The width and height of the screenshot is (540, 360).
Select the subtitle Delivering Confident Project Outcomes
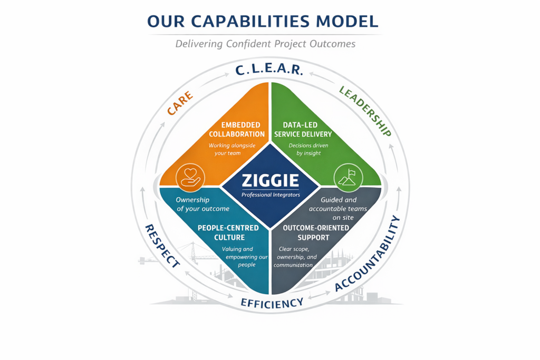click(x=265, y=44)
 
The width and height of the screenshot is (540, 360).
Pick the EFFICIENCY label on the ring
click(x=272, y=303)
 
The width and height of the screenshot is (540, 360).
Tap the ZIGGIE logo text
click(x=270, y=181)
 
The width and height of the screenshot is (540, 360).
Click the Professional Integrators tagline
click(x=270, y=195)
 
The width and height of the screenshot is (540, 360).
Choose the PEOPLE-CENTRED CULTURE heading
click(x=228, y=232)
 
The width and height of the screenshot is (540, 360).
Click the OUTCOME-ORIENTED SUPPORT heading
click(x=316, y=232)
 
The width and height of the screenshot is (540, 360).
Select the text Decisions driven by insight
click(x=305, y=149)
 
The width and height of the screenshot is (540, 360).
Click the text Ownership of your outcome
click(x=202, y=204)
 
